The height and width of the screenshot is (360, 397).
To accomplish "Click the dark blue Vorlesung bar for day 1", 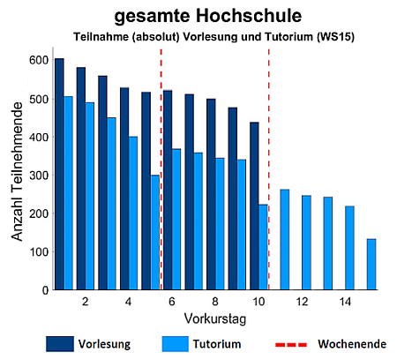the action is pos(59,174).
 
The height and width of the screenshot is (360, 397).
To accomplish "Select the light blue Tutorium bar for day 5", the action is pos(155,232).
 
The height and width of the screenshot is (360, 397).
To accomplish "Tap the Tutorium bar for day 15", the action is pos(371,265).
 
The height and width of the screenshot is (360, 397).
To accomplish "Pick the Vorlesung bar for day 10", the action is pos(254,206).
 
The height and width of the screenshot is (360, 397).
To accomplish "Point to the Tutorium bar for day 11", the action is pos(285,240).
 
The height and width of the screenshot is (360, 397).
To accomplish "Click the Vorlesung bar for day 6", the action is pos(168,191).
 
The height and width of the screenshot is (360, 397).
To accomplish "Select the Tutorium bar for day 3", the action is pos(111,204).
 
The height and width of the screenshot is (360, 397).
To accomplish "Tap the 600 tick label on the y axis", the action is pos(39,60).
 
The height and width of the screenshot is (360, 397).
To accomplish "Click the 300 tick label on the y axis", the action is pos(39,176).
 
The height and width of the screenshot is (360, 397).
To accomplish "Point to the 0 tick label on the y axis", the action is pos(45,290).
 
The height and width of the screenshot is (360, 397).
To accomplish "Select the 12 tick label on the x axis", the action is pos(302,302).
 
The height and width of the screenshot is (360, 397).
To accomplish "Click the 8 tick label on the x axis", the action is pos(215,302).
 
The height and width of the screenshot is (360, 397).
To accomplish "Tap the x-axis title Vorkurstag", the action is pos(215,319).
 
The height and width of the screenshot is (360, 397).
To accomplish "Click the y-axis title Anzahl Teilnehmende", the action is pos(17,172).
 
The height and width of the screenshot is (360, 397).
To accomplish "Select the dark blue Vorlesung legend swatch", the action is pos(60,344).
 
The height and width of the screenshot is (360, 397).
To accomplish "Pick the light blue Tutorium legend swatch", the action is pos(176,344).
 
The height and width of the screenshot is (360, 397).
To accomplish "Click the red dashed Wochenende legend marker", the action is pos(291,344).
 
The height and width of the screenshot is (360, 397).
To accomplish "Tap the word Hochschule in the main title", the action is pos(249,16).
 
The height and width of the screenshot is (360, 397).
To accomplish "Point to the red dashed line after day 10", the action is pos(269,169).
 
